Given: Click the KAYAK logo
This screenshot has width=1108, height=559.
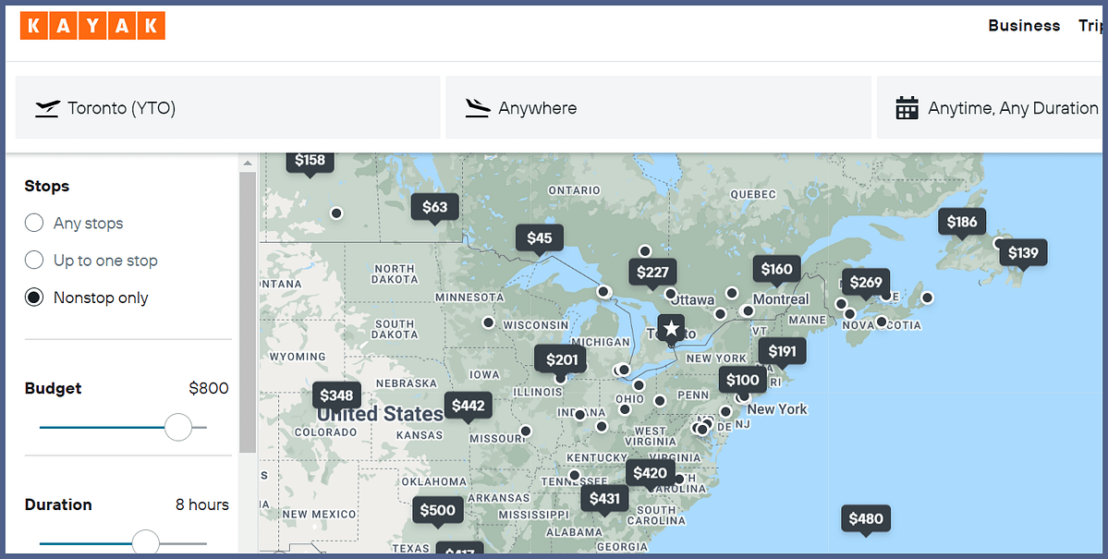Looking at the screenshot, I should pyautogui.click(x=92, y=26).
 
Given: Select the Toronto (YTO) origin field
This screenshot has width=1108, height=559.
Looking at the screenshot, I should pyautogui.click(x=227, y=108).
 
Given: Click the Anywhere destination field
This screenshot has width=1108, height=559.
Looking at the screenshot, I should pyautogui.click(x=658, y=108).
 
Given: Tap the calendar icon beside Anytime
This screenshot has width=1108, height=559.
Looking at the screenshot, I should pyautogui.click(x=907, y=108).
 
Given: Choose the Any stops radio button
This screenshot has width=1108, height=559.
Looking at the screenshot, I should pyautogui.click(x=34, y=223).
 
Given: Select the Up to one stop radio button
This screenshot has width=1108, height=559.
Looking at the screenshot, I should pyautogui.click(x=34, y=260).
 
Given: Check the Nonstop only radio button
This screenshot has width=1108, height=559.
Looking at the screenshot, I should pyautogui.click(x=34, y=298).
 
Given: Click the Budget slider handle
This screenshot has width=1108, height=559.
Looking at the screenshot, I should pyautogui.click(x=177, y=427).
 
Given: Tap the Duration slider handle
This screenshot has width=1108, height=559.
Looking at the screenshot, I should pyautogui.click(x=146, y=542).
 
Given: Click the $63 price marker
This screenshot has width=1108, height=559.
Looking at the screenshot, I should pyautogui.click(x=434, y=207).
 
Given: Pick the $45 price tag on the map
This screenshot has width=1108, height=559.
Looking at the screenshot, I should pyautogui.click(x=540, y=238).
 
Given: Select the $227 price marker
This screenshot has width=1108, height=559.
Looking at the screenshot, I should pyautogui.click(x=652, y=272).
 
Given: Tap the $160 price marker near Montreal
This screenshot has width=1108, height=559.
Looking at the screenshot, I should pyautogui.click(x=776, y=269).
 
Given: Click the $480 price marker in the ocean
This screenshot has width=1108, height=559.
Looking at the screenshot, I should pyautogui.click(x=866, y=518).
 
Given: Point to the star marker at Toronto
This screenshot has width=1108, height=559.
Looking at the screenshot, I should pyautogui.click(x=671, y=329).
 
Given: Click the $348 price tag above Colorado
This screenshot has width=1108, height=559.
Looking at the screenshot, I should pyautogui.click(x=336, y=395).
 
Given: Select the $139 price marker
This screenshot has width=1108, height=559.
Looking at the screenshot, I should pyautogui.click(x=1023, y=252).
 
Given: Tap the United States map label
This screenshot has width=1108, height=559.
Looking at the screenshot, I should pyautogui.click(x=380, y=414).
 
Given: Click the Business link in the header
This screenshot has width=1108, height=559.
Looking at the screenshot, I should pyautogui.click(x=1024, y=26).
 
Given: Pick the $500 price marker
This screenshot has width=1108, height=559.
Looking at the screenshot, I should pyautogui.click(x=437, y=510).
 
